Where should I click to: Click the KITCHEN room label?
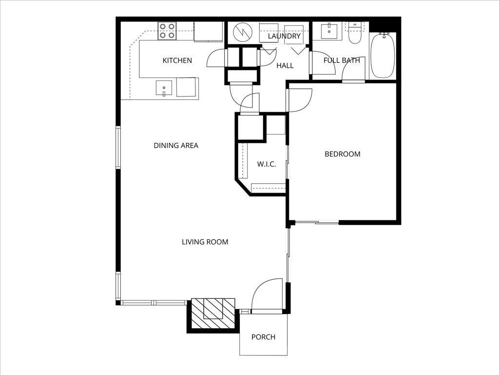177,60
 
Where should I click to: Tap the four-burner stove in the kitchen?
167,31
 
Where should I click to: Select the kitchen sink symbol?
164,88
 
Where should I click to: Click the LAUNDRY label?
284,36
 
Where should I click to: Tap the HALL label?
285,65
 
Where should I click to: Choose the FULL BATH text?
342,60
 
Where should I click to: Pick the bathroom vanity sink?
330,31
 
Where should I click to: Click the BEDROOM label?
343,154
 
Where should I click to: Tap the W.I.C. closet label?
267,164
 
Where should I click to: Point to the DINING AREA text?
176,145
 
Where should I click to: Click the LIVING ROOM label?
205,242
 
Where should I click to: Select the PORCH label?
263,337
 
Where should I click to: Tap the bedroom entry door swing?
298,100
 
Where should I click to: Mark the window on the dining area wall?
118,148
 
